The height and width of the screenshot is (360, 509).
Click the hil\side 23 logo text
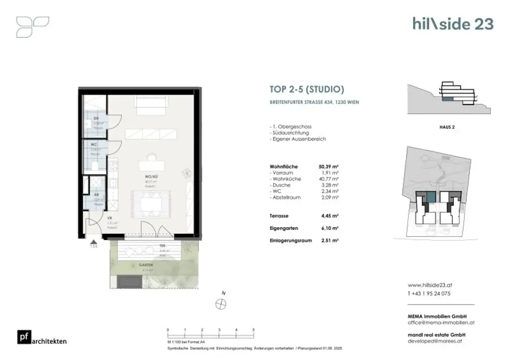pos(452,24)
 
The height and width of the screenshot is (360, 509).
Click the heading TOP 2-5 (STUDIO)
pos(307,90)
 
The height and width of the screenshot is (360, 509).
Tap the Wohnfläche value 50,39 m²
pos(329,167)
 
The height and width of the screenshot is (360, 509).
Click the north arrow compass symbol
pos(221,304)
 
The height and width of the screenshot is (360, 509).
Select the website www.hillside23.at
pos(430,285)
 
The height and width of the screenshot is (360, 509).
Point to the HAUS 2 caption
pos(447,127)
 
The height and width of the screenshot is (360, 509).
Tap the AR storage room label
pos(97,195)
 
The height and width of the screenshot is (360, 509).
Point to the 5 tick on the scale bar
pos(254,330)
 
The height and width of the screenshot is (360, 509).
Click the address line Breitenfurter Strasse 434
pos(314,102)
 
